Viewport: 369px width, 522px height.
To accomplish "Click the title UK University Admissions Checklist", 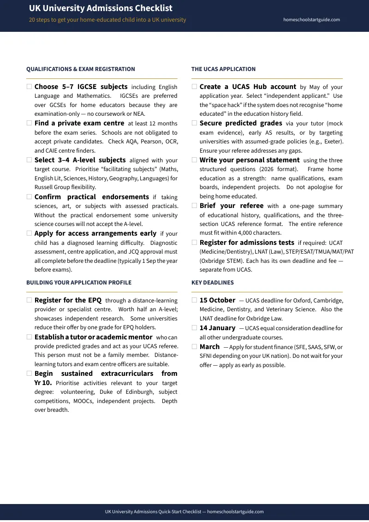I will (101, 8).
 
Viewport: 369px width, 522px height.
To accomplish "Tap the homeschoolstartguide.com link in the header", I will (311, 20).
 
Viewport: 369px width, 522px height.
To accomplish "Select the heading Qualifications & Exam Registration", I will (81, 69).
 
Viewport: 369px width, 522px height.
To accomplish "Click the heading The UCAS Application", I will (223, 69).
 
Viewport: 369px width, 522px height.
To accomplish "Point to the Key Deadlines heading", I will (212, 283).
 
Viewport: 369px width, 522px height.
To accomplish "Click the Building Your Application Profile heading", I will (79, 283).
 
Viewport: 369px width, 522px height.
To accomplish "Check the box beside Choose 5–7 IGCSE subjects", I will (29, 87).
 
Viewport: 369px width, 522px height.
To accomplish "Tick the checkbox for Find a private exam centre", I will (29, 123).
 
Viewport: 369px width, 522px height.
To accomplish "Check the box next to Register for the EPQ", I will (29, 300).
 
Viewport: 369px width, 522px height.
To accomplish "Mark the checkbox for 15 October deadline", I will (194, 300).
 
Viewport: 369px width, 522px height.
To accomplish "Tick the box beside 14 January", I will (194, 328).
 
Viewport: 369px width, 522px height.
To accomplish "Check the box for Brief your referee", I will (194, 206).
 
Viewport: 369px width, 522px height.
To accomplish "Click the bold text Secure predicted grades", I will (241, 123).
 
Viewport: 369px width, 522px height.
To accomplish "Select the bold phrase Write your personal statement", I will (250, 160).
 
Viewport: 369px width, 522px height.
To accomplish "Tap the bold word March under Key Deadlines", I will (209, 347).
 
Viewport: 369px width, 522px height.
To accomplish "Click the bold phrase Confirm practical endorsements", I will (91, 197).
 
